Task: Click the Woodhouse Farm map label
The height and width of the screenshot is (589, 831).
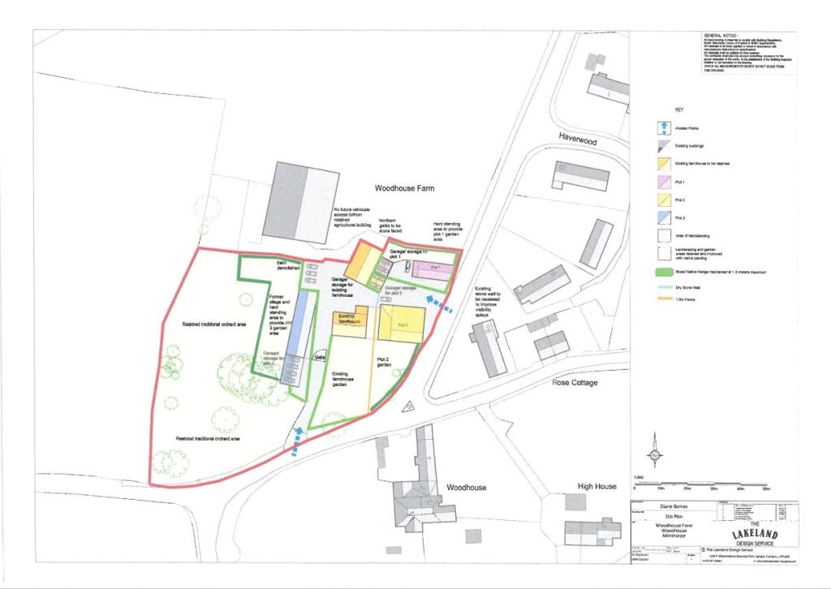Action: point(404,188)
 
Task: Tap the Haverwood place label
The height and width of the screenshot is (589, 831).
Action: point(577,140)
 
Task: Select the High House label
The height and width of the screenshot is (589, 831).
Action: point(597,486)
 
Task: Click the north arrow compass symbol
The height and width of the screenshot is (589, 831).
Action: point(654,447)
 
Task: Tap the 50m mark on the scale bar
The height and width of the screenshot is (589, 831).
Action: point(766,488)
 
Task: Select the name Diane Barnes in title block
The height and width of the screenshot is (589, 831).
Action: point(670,502)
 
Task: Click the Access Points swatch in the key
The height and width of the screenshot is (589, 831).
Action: point(663,127)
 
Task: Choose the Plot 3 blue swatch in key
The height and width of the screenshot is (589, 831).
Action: point(663,217)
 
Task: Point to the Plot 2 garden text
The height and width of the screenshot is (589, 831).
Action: point(384,362)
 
